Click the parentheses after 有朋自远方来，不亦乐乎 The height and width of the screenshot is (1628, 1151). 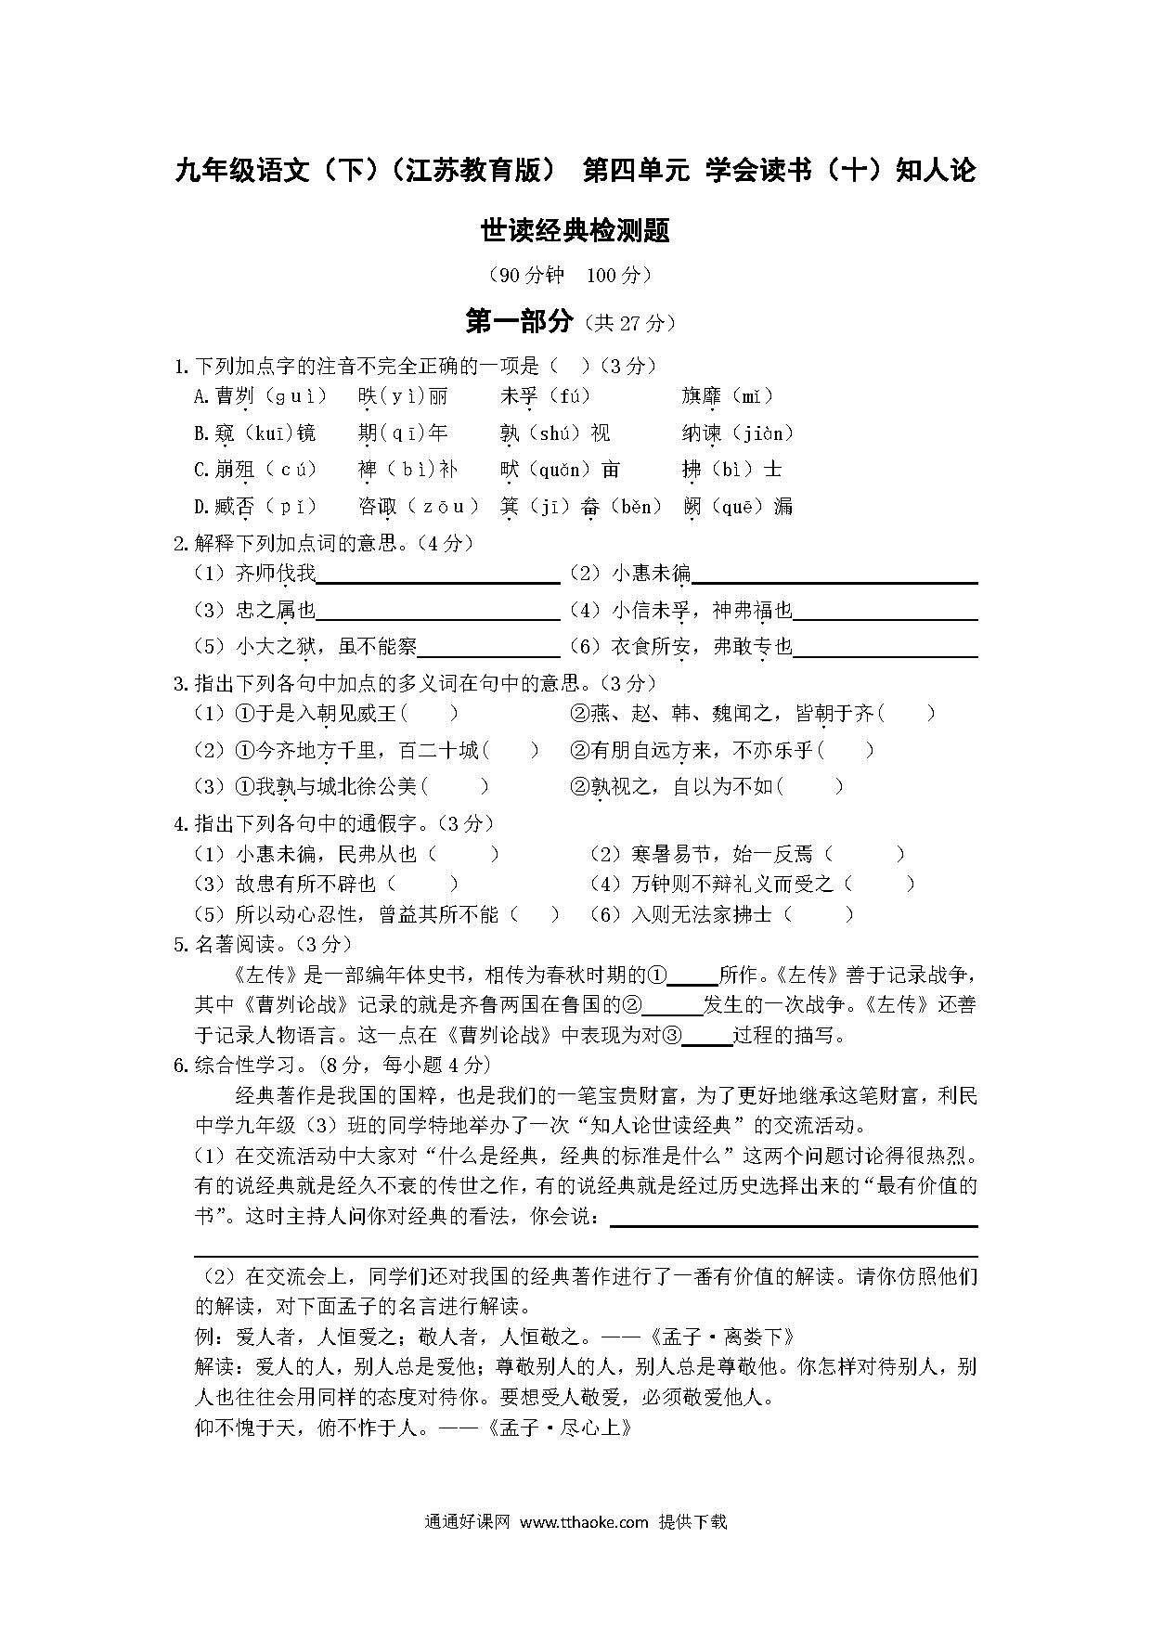[847, 750]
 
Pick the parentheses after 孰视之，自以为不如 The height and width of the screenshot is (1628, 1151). [810, 787]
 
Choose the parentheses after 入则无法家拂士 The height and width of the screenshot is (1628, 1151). [818, 915]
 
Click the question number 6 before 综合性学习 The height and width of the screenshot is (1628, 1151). [180, 1066]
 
